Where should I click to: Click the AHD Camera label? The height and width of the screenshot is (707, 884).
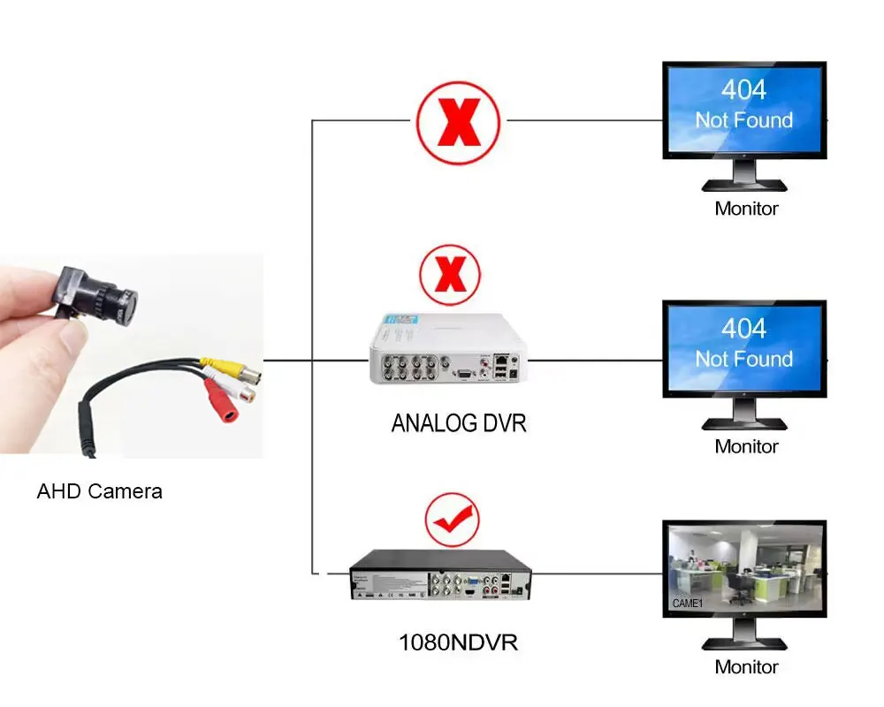click(99, 491)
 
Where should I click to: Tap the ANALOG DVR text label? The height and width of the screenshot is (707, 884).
click(458, 423)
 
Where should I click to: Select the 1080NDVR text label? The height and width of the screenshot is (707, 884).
click(457, 642)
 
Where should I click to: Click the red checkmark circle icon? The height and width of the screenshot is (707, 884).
click(452, 521)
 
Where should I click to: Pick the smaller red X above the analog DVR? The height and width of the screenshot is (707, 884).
click(451, 274)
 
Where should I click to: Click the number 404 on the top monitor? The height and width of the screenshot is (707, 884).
click(743, 90)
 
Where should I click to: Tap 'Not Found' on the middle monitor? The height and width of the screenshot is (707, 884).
click(743, 359)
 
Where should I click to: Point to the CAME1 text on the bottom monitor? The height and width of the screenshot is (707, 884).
click(687, 604)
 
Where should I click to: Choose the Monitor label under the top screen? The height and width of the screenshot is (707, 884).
click(746, 209)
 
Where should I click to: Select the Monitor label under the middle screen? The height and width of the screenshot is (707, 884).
click(746, 447)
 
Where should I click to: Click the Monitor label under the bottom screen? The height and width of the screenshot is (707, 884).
click(746, 667)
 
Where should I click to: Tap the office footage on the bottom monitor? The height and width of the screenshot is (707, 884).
click(744, 570)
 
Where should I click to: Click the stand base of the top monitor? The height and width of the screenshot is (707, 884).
click(744, 186)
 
